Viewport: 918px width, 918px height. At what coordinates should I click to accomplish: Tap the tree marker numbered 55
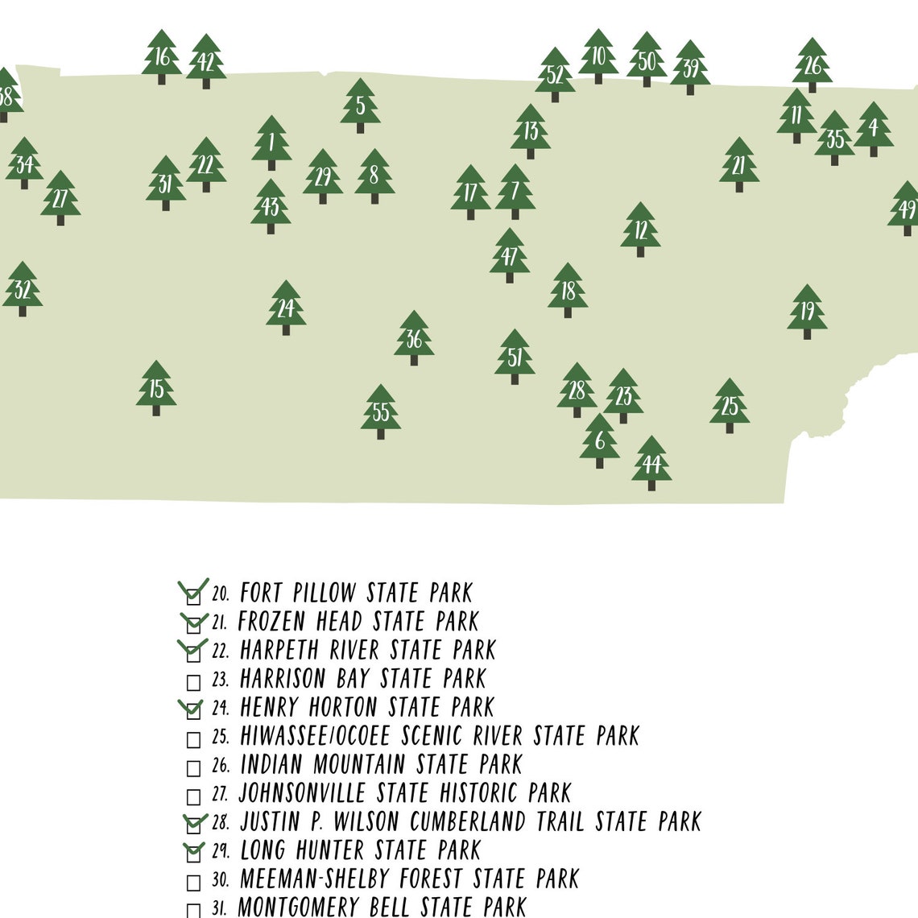click(381, 411)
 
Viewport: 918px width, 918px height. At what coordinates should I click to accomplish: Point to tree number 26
click(813, 64)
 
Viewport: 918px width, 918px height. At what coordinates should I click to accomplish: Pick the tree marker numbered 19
click(807, 311)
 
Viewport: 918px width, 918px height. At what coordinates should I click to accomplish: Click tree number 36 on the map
click(414, 338)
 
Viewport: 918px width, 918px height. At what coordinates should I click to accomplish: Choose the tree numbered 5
click(360, 105)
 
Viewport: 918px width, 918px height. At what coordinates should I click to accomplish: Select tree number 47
click(510, 255)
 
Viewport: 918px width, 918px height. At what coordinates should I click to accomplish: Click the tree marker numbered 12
click(641, 229)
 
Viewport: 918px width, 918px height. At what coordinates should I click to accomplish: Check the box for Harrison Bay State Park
click(193, 683)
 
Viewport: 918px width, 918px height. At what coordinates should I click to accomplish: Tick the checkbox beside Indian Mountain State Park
click(193, 768)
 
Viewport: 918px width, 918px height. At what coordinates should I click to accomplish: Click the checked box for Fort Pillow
click(193, 597)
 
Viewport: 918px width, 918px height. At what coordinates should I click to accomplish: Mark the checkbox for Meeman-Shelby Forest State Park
click(193, 883)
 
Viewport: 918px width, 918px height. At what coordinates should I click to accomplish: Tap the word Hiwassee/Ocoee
click(315, 736)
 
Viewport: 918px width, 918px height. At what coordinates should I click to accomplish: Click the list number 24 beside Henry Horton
click(221, 708)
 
